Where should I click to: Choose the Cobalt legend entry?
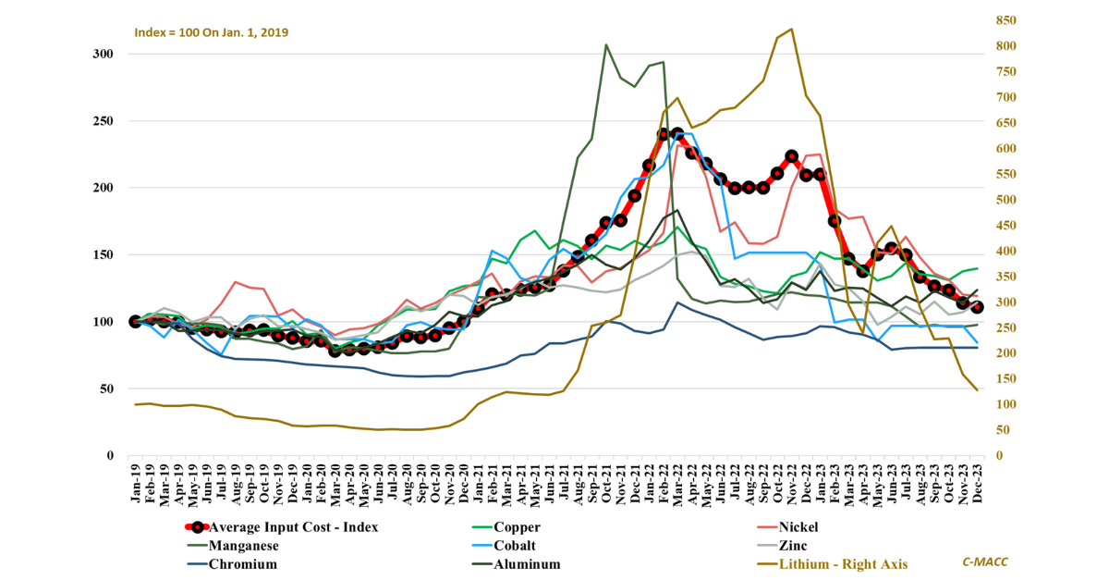(x=514, y=546)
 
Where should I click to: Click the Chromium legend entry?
(x=242, y=564)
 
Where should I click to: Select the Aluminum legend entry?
(x=527, y=564)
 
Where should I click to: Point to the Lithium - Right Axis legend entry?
(x=842, y=564)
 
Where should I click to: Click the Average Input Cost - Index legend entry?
(x=293, y=527)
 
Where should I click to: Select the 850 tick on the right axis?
(x=1005, y=20)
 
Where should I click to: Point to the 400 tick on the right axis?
(x=1005, y=252)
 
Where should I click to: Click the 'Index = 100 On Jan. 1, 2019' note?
(x=212, y=32)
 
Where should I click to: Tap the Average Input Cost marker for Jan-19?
(x=136, y=321)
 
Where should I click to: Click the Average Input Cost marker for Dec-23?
(x=977, y=307)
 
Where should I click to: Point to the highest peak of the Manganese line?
(x=605, y=44)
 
